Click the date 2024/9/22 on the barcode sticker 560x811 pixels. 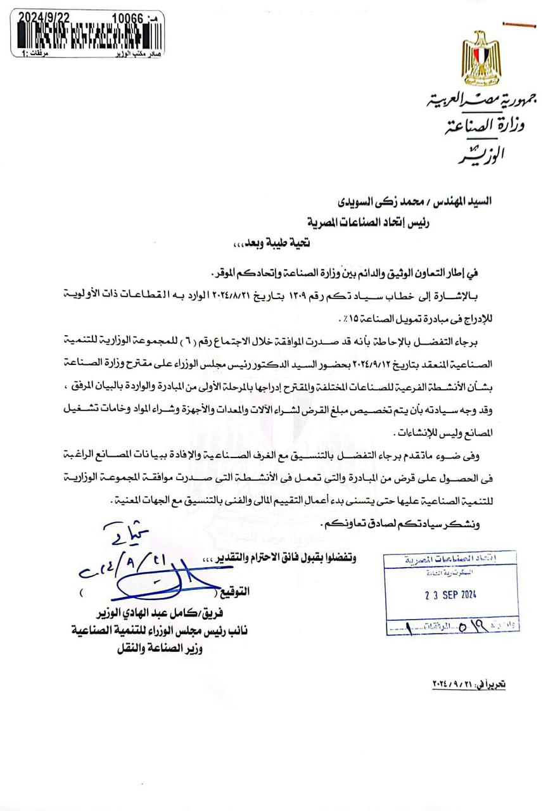[x=44, y=18]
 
